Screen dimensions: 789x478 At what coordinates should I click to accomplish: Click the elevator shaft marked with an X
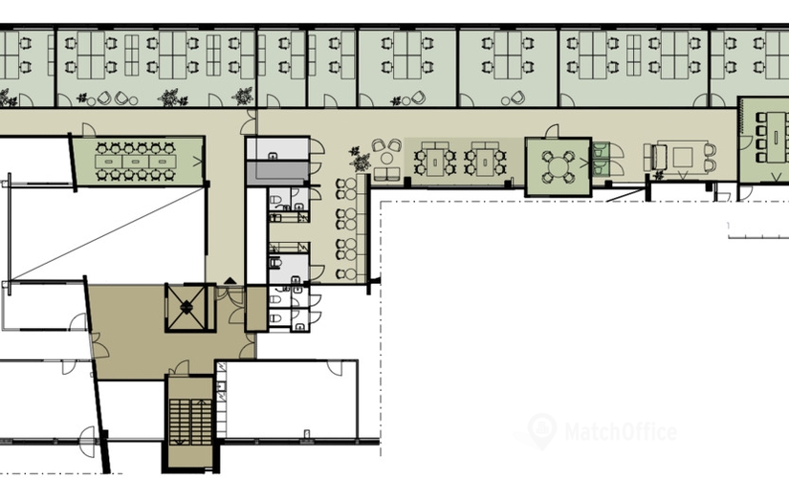186,308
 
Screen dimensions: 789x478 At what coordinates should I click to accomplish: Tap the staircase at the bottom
190,422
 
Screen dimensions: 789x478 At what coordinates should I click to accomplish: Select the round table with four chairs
558,164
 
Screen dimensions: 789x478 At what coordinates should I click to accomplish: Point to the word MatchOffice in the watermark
621,432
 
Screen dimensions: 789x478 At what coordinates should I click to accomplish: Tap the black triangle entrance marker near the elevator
230,281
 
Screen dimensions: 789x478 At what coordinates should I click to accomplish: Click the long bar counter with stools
361,228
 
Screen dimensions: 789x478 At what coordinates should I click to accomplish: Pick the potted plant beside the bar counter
360,159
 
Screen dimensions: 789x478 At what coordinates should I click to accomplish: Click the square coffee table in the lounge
683,157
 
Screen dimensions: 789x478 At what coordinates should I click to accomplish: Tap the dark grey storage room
277,173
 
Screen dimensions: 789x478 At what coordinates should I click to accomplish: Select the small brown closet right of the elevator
256,309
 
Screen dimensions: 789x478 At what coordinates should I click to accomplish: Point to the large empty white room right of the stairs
292,399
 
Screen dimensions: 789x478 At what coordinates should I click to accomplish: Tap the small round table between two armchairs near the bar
386,159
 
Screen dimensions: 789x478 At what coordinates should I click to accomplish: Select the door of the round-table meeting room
552,131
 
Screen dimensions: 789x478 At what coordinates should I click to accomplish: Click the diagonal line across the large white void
107,233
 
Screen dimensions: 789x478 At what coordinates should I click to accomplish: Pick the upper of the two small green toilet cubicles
601,150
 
